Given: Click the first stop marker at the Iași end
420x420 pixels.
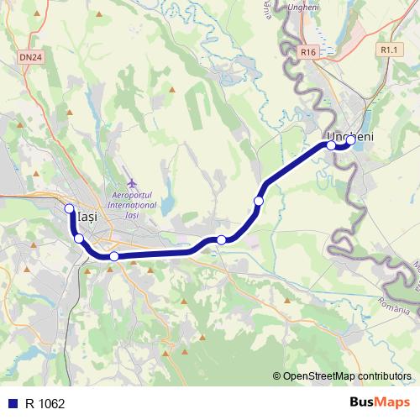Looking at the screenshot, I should coord(69,208).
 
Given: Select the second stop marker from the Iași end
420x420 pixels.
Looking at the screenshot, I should coord(79,239).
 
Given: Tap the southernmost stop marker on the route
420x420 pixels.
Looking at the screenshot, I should coord(113,256).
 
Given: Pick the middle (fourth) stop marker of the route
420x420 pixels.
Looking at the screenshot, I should coord(221,240).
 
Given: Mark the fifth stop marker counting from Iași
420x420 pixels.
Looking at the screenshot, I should coord(259,201).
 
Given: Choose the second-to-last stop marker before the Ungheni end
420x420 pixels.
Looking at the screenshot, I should coord(331,145).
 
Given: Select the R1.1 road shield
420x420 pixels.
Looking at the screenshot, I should coord(388,50).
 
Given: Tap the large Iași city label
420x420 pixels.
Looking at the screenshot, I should coord(87,217).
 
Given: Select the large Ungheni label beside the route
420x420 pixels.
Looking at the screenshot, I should coord(349,134).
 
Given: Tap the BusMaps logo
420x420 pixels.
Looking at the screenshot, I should coord(381,403).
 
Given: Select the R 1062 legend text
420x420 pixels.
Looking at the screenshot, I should coord(45,404).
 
